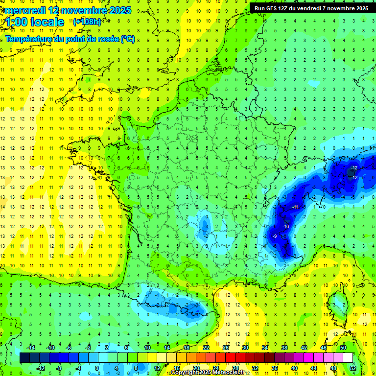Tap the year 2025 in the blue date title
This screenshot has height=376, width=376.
tap(120, 10)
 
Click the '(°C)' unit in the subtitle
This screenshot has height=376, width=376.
tap(128, 39)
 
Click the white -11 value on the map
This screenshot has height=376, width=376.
tap(295, 207)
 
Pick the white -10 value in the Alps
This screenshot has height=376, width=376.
tap(285, 227)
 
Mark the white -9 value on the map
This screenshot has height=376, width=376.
tap(275, 236)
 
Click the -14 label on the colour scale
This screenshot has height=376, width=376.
tap(31, 348)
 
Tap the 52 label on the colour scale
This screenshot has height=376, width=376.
tap(353, 368)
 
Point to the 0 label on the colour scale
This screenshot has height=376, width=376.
tap(97, 368)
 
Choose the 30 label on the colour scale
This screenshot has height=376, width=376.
tap(245, 348)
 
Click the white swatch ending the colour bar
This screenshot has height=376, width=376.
tap(348, 358)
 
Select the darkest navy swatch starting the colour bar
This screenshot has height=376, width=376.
tap(24, 358)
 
